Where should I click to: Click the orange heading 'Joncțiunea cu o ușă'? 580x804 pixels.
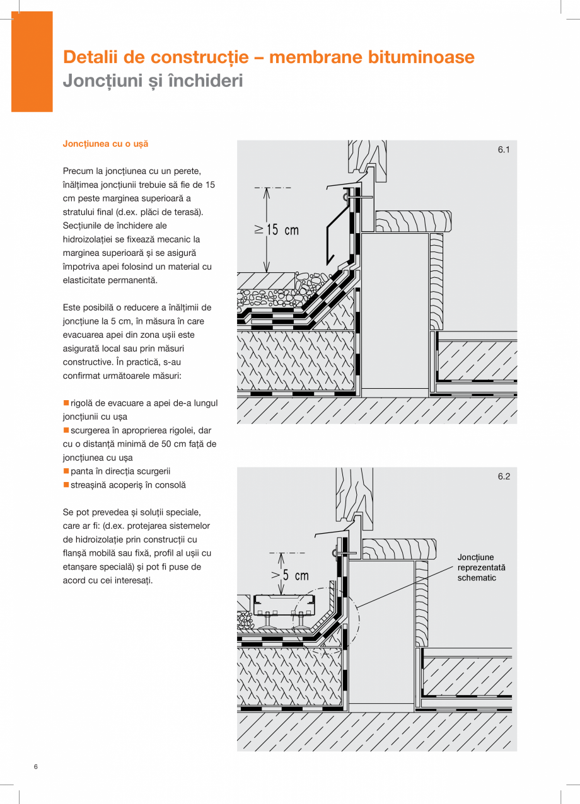click(105, 144)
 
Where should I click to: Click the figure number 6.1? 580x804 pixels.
click(503, 150)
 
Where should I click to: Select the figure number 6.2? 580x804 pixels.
click(503, 477)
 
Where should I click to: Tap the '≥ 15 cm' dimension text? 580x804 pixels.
click(276, 229)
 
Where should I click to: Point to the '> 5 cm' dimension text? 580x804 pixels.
click(290, 575)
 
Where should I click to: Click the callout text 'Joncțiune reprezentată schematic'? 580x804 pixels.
click(481, 568)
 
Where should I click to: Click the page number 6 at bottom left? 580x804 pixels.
click(36, 767)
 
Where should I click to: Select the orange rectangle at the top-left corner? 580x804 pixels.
click(32, 62)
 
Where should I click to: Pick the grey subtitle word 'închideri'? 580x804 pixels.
click(207, 81)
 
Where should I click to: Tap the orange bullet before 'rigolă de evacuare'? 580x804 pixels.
click(66, 403)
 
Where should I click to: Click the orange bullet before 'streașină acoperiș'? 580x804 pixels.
click(66, 485)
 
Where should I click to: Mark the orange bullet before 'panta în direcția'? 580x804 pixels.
click(66, 471)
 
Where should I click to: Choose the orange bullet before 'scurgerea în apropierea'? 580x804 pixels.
click(66, 430)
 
